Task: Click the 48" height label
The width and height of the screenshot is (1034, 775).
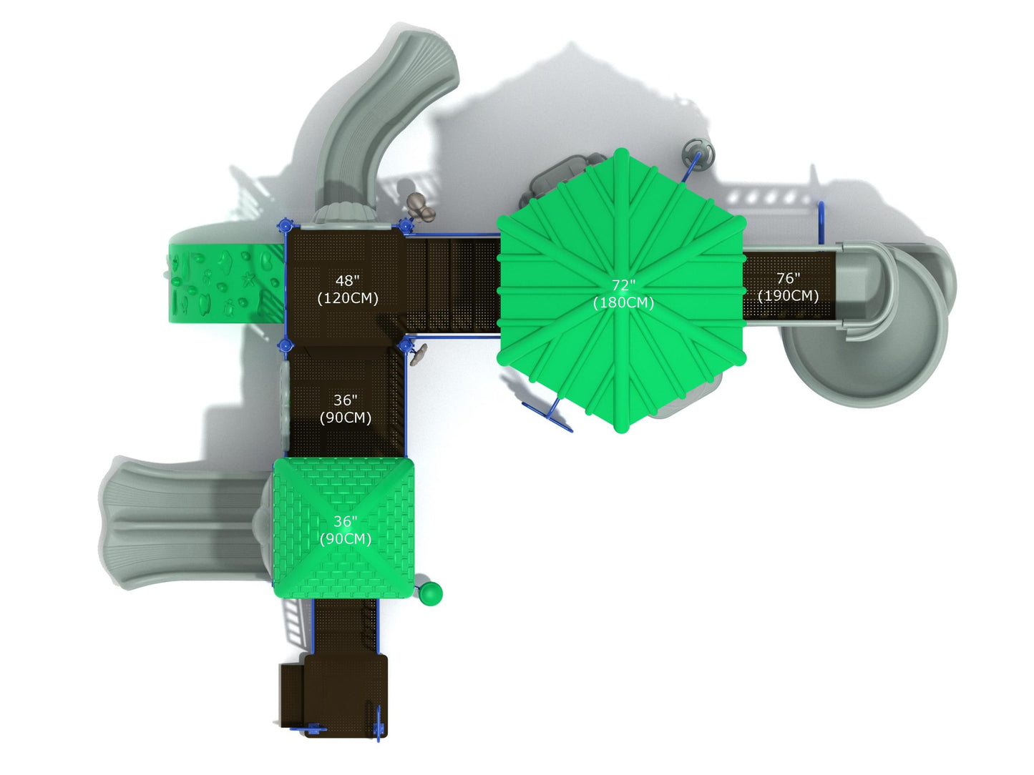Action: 347,281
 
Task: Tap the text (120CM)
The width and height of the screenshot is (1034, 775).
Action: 348,298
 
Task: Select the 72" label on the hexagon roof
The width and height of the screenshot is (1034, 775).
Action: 623,285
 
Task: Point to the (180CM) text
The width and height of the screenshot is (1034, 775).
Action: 623,302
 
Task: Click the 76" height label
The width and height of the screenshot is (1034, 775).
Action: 788,278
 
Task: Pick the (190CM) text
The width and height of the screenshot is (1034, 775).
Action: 788,295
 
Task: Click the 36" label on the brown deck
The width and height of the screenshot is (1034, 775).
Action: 346,400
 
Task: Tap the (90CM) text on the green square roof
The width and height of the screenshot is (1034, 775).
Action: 346,539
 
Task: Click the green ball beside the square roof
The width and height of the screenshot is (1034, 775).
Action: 431,593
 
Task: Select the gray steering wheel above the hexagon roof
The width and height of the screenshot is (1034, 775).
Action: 698,153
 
